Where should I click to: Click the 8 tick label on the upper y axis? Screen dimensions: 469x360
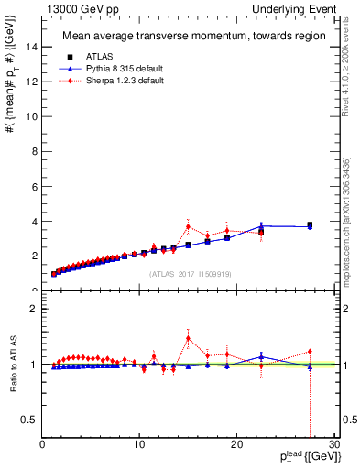(35, 152)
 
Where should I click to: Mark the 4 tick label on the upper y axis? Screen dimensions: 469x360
(35, 222)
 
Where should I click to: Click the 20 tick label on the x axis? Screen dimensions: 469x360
(236, 444)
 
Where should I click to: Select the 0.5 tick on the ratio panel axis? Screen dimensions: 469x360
(30, 420)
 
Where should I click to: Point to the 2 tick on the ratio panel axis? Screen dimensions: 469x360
(35, 309)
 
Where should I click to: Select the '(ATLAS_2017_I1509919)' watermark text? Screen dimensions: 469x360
(189, 274)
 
